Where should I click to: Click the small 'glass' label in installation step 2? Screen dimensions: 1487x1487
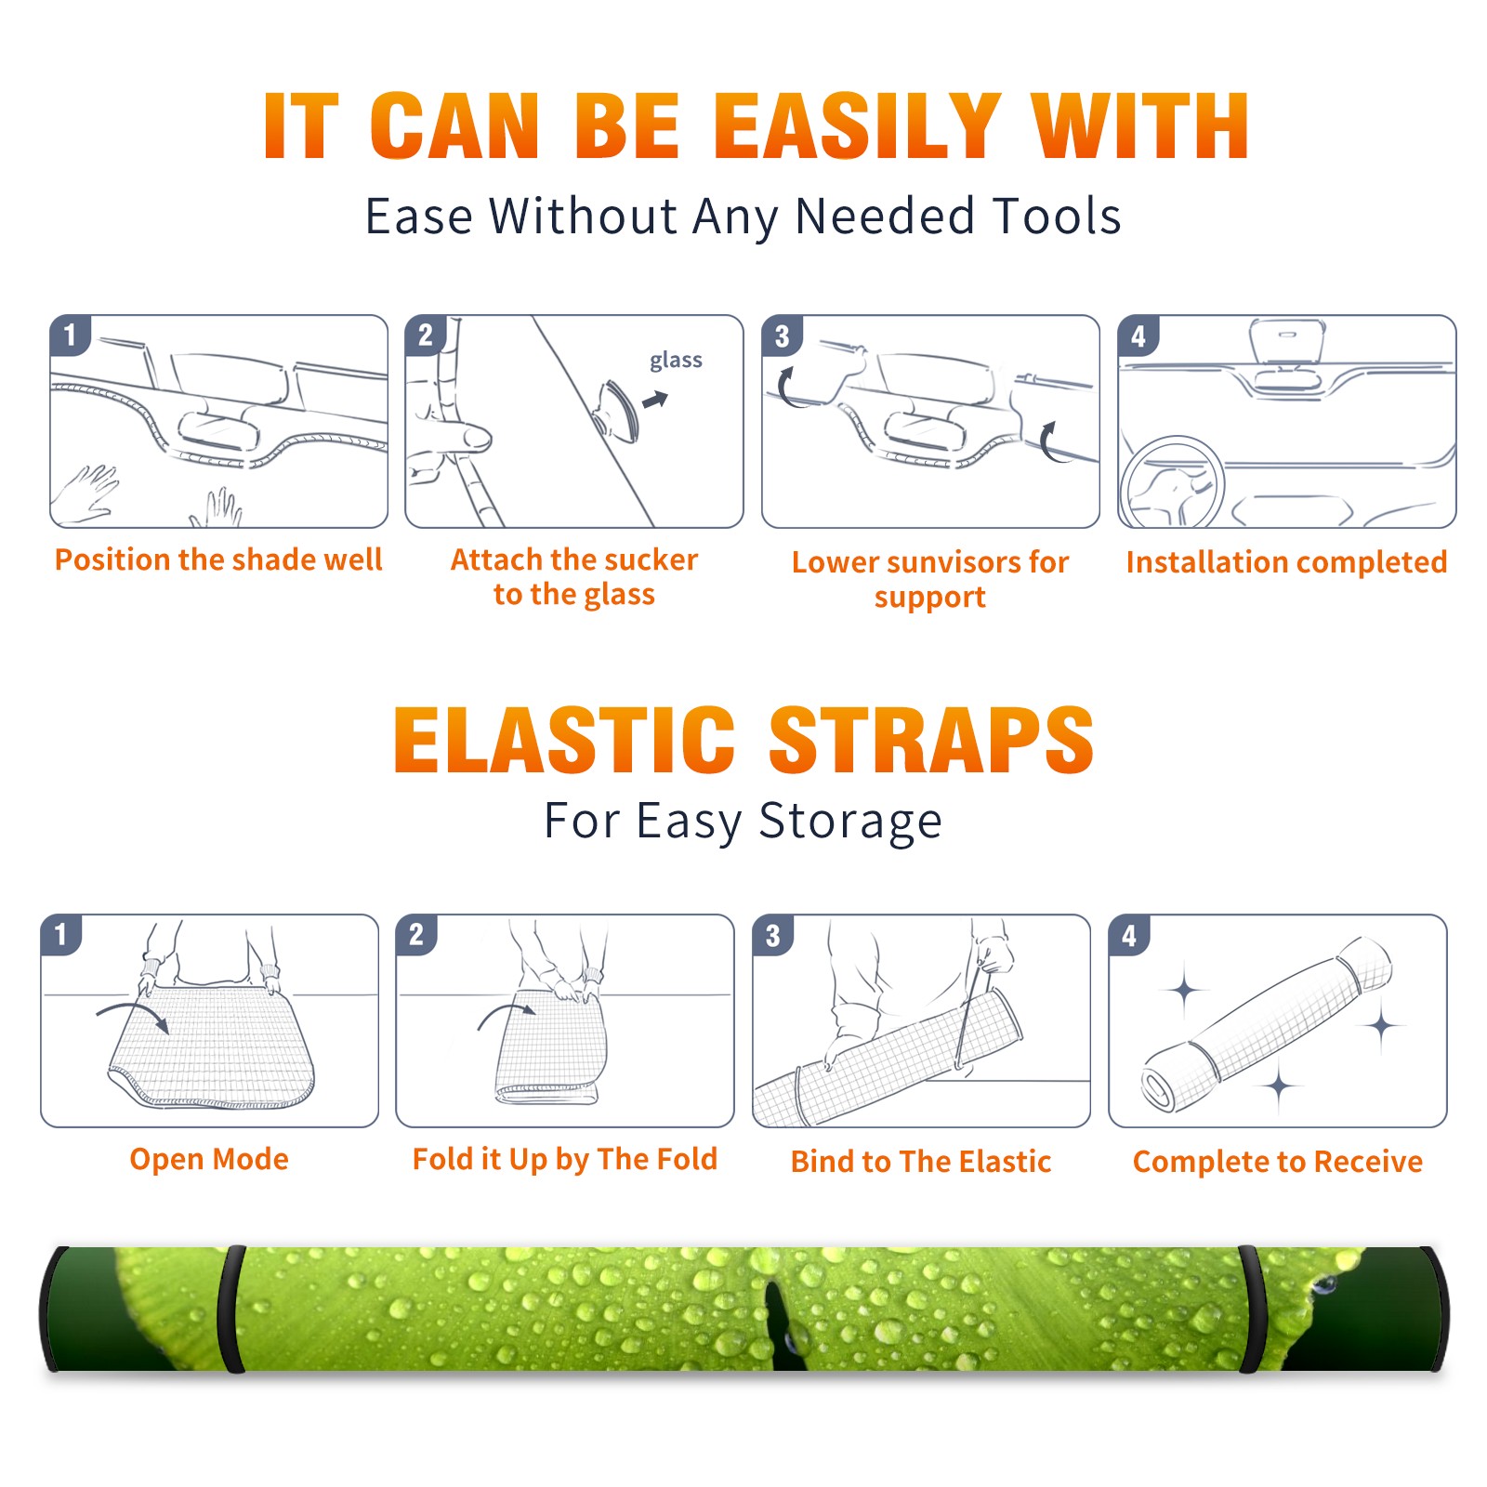(x=676, y=361)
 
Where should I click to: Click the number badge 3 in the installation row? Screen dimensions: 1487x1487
(x=782, y=336)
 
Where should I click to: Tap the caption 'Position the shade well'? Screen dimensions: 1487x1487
(x=218, y=559)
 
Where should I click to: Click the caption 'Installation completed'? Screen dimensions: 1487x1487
(x=1286, y=561)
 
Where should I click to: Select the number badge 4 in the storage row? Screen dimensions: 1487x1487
(x=1129, y=935)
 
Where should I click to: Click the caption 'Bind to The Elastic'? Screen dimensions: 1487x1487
(x=921, y=1162)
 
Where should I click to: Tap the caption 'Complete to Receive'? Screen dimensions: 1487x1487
(x=1278, y=1162)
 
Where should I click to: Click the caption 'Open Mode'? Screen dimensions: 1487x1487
(x=209, y=1159)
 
